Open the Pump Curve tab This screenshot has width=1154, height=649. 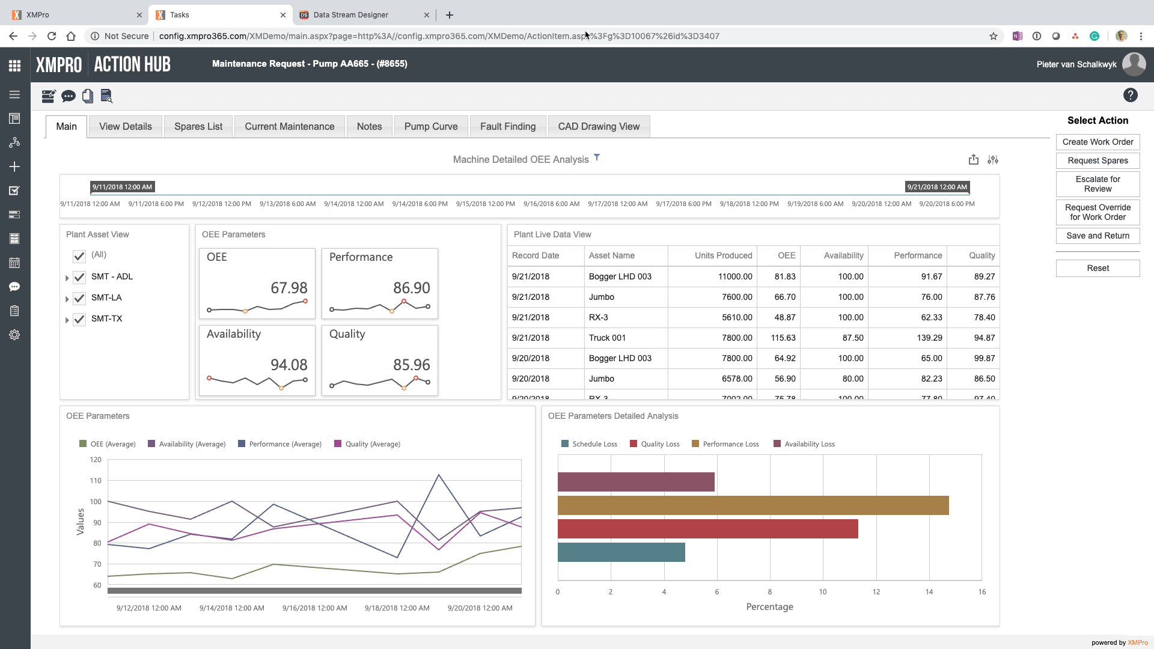tap(430, 126)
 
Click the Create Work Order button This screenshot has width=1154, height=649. tap(1098, 142)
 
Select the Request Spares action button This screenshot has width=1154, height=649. tap(1098, 160)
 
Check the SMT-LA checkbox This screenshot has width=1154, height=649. tap(79, 298)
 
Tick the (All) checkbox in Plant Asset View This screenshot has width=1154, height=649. tap(79, 256)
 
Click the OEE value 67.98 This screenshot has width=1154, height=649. tap(289, 288)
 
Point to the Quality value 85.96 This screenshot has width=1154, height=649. tap(412, 365)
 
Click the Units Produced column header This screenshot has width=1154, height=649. tap(723, 255)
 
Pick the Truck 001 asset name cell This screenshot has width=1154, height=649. tap(607, 338)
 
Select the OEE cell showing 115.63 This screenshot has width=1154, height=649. tap(783, 338)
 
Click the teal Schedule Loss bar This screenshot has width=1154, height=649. tap(621, 552)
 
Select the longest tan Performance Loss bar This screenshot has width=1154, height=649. tap(753, 505)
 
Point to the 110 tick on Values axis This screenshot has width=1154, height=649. tap(96, 481)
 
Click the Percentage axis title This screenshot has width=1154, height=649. tap(769, 607)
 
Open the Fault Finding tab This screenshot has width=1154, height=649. tap(507, 126)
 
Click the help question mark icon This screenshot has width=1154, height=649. tap(1130, 95)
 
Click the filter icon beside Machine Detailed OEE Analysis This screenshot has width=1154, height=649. tap(597, 157)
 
